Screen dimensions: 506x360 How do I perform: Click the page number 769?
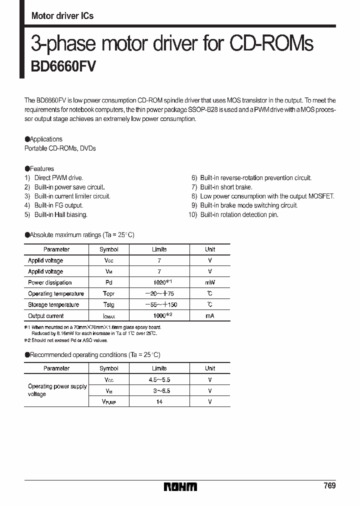[x=329, y=486]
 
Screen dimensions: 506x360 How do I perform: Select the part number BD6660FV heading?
[x=63, y=66]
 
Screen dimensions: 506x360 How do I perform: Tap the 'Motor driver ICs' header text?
[x=62, y=16]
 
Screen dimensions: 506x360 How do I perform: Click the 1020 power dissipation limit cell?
[x=159, y=282]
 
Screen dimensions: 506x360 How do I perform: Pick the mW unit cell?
[x=210, y=282]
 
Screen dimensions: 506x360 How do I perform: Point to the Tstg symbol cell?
[x=109, y=304]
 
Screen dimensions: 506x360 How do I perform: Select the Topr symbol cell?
[x=109, y=293]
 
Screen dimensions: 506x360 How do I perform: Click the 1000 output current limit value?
[x=159, y=315]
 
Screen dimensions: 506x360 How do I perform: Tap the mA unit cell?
[x=210, y=316]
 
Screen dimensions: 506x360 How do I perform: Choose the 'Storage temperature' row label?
[x=53, y=304]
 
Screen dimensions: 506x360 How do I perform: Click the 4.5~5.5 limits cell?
[x=159, y=380]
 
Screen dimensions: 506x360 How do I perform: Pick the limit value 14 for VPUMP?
[x=159, y=401]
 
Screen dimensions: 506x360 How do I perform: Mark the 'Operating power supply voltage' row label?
[x=56, y=390]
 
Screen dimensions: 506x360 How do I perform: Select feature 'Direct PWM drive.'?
[x=58, y=178]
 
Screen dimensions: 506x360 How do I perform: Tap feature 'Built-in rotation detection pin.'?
[x=239, y=214]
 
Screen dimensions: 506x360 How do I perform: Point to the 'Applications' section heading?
[x=46, y=139]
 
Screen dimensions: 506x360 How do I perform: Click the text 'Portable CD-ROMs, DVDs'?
[x=60, y=148]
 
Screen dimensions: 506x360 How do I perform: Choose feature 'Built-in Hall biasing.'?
[x=60, y=214]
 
